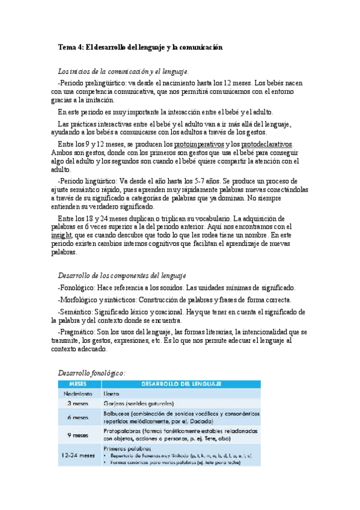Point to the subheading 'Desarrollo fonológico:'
point(91,373)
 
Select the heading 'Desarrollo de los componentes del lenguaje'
point(122,275)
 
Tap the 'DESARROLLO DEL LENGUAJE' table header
point(182,384)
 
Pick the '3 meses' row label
point(79,404)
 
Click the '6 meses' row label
point(79,417)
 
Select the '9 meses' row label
point(79,435)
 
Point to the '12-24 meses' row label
point(79,455)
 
